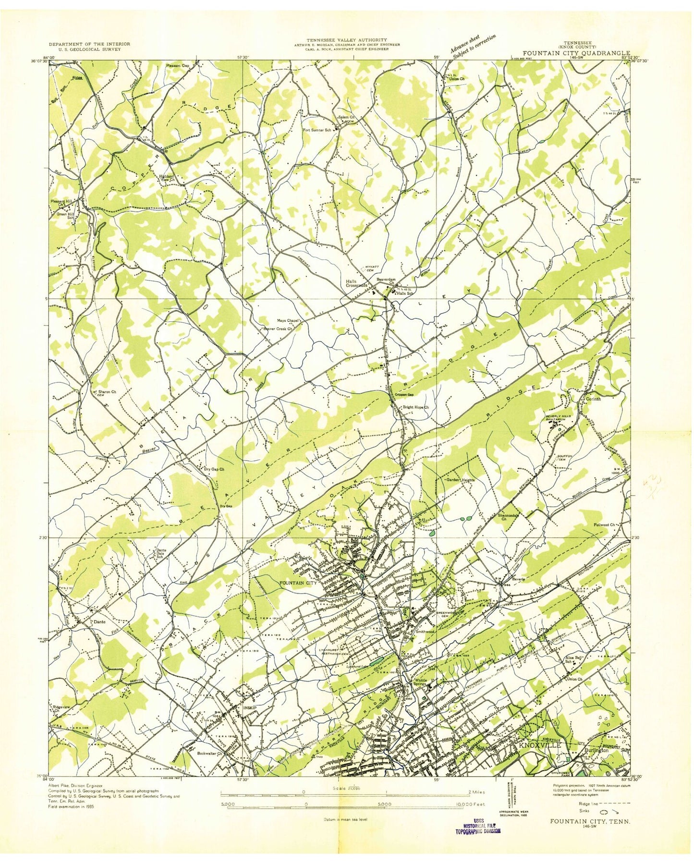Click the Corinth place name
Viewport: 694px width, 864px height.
[594, 399]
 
